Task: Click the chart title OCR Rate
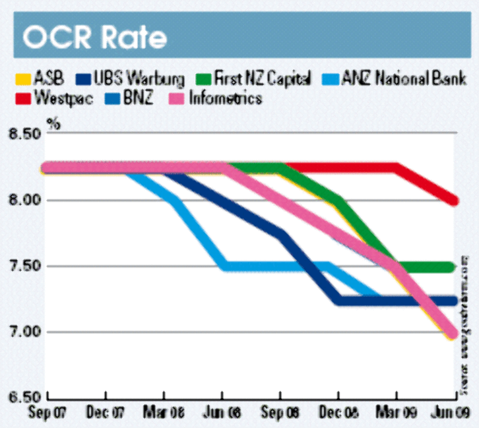pyautogui.click(x=95, y=38)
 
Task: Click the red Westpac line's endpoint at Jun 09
pyautogui.click(x=453, y=201)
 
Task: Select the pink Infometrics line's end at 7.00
pyautogui.click(x=453, y=333)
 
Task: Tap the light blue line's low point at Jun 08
pyautogui.click(x=224, y=266)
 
